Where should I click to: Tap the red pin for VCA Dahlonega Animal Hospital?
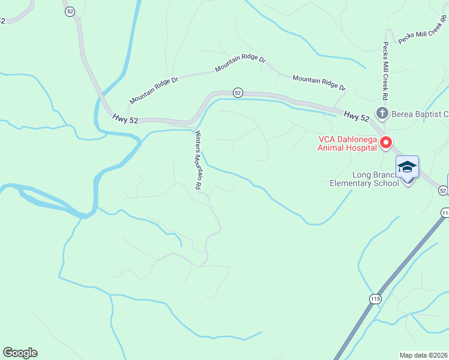pyautogui.click(x=386, y=143)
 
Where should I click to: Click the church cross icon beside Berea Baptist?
pyautogui.click(x=381, y=113)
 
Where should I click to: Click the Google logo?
pyautogui.click(x=20, y=353)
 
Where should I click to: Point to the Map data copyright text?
pyautogui.click(x=423, y=355)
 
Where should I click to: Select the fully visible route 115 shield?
pyautogui.click(x=375, y=298)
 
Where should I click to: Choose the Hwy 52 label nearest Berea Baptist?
pyautogui.click(x=357, y=113)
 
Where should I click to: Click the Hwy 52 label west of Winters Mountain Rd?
pyautogui.click(x=125, y=120)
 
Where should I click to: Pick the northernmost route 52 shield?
pyautogui.click(x=70, y=11)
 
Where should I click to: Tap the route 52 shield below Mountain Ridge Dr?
pyautogui.click(x=238, y=92)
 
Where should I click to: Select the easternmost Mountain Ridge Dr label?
pyautogui.click(x=319, y=83)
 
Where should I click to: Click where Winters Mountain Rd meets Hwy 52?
pyautogui.click(x=193, y=123)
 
